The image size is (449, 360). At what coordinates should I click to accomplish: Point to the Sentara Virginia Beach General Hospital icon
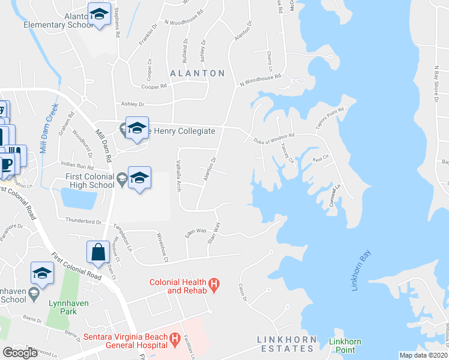pyautogui.click(x=175, y=341)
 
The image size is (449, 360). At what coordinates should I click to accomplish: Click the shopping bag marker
pyautogui.click(x=97, y=252)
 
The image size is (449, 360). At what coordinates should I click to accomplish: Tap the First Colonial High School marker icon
pyautogui.click(x=139, y=178)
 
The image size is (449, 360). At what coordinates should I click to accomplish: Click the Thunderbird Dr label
pyautogui.click(x=83, y=221)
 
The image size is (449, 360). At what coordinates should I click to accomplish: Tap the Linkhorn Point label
pyautogui.click(x=345, y=346)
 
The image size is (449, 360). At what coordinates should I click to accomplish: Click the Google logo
pyautogui.click(x=20, y=353)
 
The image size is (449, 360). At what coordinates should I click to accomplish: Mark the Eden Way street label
pyautogui.click(x=195, y=232)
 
